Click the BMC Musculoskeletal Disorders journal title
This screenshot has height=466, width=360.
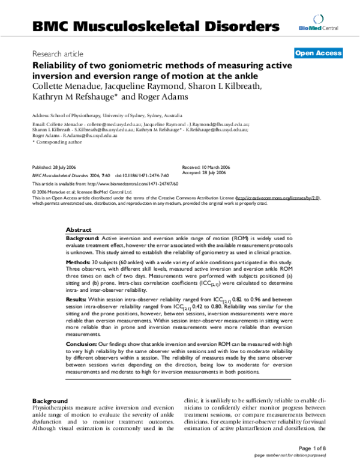[156, 26]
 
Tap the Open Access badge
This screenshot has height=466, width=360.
[318, 53]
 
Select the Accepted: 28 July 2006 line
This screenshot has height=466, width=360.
[205, 173]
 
